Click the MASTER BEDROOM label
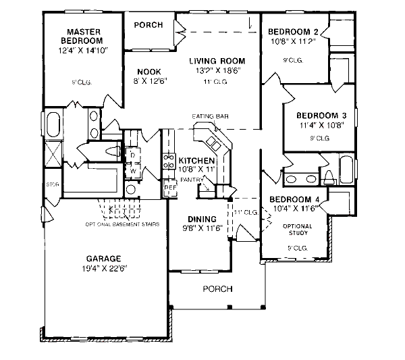pyautogui.click(x=84, y=36)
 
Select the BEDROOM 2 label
pyautogui.click(x=293, y=32)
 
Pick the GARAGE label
pyautogui.click(x=103, y=259)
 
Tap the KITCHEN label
pyautogui.click(x=196, y=160)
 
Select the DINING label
pyautogui.click(x=202, y=219)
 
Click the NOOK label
pyautogui.click(x=148, y=72)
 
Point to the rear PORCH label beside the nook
pyautogui.click(x=148, y=25)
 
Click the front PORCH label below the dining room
pyautogui.click(x=217, y=289)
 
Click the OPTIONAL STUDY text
pyautogui.click(x=297, y=229)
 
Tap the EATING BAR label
pyautogui.click(x=210, y=116)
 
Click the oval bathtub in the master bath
pyautogui.click(x=53, y=125)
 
